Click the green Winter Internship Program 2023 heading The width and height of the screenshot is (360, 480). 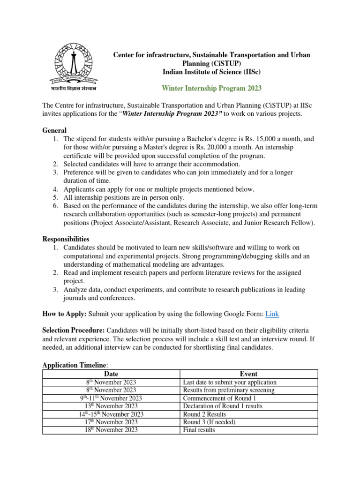point(212,88)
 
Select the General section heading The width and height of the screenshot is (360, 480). point(54,130)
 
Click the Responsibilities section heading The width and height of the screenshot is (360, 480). point(66,239)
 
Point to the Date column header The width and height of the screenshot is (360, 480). point(111,374)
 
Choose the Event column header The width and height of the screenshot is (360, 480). point(248,374)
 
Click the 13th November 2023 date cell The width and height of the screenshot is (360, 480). point(111,406)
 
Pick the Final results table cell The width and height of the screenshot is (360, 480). point(199,430)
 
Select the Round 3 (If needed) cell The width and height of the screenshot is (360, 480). point(210,422)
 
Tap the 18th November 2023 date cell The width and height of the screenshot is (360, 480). point(111,430)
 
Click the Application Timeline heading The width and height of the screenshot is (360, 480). point(75,365)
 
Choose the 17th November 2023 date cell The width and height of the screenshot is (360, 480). point(111,422)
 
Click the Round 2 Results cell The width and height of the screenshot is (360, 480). point(204,414)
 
